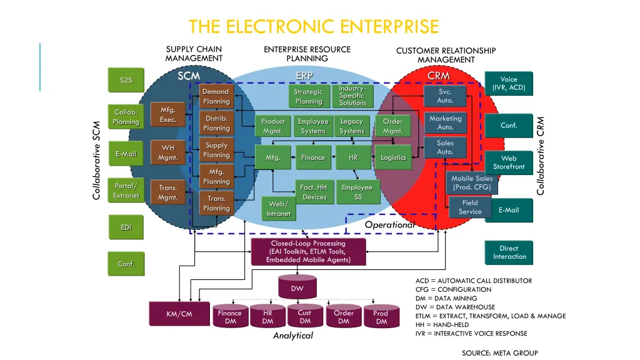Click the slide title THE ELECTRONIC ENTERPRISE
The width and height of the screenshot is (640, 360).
pyautogui.click(x=314, y=27)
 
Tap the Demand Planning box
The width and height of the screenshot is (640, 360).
pyautogui.click(x=216, y=96)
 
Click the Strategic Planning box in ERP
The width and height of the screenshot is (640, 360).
pyautogui.click(x=309, y=96)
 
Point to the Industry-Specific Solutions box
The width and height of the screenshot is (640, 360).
pyautogui.click(x=352, y=96)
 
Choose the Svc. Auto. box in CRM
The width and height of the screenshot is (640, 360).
pyautogui.click(x=445, y=96)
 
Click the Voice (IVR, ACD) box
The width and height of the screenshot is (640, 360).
pyautogui.click(x=509, y=84)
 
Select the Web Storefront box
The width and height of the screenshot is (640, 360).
pyautogui.click(x=509, y=162)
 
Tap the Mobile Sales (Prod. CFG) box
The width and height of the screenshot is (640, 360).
pyautogui.click(x=472, y=182)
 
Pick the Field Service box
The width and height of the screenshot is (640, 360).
pyautogui.click(x=469, y=207)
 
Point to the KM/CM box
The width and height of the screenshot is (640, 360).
pyautogui.click(x=179, y=314)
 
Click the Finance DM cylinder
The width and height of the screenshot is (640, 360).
pyautogui.click(x=229, y=317)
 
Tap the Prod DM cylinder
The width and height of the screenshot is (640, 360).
pyautogui.click(x=381, y=317)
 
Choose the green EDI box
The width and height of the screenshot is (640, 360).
pyautogui.click(x=126, y=227)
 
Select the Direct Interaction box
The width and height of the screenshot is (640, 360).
pyautogui.click(x=509, y=252)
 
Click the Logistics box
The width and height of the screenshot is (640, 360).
pyautogui.click(x=393, y=157)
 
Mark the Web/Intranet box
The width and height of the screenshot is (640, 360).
pyautogui.click(x=278, y=209)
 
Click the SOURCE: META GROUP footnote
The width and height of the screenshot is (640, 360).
pyautogui.click(x=499, y=353)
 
